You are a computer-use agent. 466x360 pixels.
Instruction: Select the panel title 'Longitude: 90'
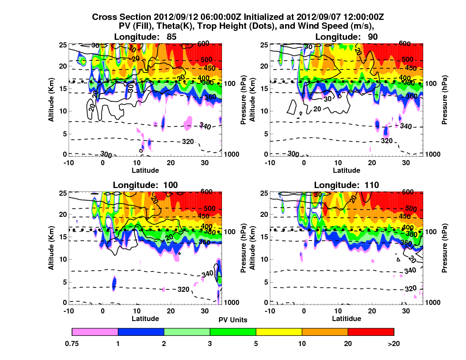coord(347,37)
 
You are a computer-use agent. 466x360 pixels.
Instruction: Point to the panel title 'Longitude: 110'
coord(347,185)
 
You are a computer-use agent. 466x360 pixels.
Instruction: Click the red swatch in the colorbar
coord(371,332)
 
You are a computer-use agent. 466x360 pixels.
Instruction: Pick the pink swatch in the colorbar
coord(95,332)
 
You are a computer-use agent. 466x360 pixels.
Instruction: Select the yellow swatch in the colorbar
coord(279,332)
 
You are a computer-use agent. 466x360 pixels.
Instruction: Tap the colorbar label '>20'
coord(394,343)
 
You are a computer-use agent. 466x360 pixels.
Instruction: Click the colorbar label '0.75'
coord(72,343)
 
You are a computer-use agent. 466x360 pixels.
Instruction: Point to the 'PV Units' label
coord(233,320)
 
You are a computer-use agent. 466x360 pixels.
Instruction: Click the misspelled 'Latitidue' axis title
coord(347,318)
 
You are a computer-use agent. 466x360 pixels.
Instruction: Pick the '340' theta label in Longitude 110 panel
coord(410,271)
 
